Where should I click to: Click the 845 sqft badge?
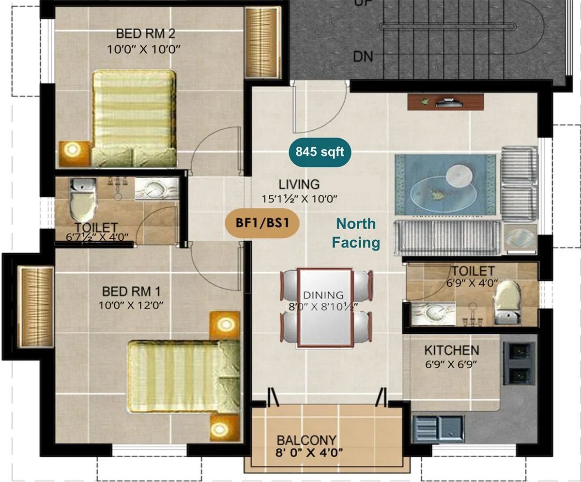point(321,152)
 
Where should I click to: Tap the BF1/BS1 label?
point(261,224)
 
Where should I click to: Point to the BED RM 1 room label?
point(131,291)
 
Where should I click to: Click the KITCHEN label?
point(451,350)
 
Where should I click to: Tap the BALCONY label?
point(306,440)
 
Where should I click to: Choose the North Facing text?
point(356,233)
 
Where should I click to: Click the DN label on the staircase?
point(363,57)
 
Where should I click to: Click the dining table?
point(325,308)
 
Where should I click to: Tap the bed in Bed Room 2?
point(133,116)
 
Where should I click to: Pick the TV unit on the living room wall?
point(445,102)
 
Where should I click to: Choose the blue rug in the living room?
point(445,184)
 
